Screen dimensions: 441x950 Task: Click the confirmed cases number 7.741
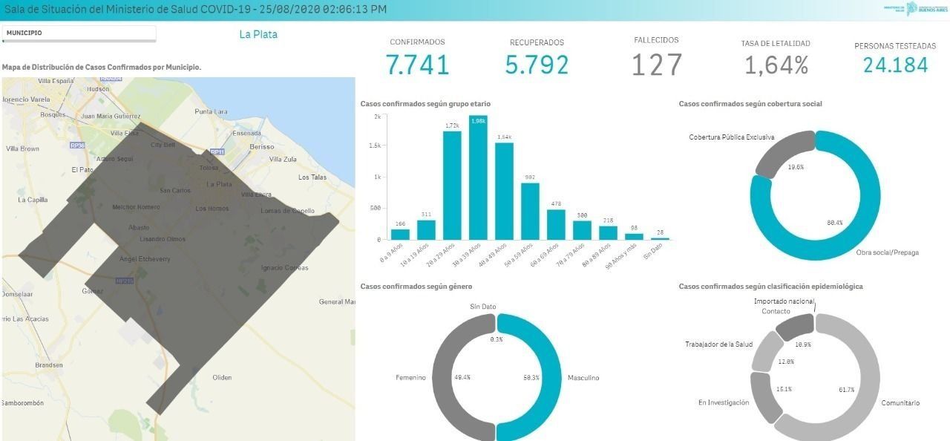[x=418, y=65]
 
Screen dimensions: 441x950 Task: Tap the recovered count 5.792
[x=537, y=65]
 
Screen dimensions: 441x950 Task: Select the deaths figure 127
[x=656, y=65]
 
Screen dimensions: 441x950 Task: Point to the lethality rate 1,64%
[x=776, y=66]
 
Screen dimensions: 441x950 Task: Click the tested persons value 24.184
[x=895, y=65]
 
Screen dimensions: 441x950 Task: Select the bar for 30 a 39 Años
[x=478, y=178]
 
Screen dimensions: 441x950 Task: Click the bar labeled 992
[x=530, y=212]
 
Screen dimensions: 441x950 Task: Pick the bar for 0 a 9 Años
[x=399, y=235]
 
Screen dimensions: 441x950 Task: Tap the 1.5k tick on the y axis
[x=376, y=146]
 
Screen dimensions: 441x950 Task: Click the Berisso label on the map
[x=262, y=147]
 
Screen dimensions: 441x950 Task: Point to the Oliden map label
[x=222, y=377]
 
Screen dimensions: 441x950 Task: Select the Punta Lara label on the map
[x=210, y=111]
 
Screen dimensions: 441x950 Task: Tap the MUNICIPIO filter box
[x=79, y=33]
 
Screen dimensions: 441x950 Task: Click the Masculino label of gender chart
[x=583, y=378]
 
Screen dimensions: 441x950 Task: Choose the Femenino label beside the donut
[x=410, y=378]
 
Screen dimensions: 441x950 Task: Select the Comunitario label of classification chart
[x=900, y=403]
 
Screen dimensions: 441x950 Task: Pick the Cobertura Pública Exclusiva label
[x=731, y=137]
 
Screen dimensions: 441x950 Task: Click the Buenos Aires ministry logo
[x=912, y=9]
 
